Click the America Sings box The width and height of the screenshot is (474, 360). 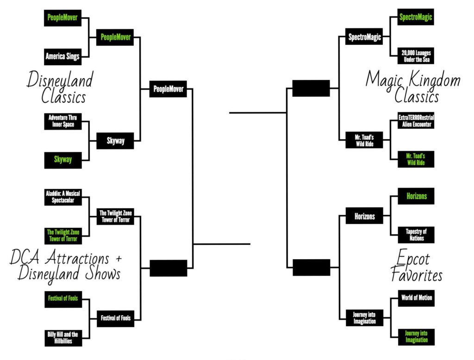[x=62, y=56]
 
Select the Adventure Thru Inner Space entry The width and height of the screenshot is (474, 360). [x=62, y=122]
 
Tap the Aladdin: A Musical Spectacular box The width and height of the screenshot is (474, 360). [x=62, y=198]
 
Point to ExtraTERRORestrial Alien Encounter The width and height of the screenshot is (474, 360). [x=416, y=121]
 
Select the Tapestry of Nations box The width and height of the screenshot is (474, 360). [x=416, y=235]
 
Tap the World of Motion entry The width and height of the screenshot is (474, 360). [x=416, y=298]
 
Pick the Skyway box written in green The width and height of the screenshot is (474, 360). [x=62, y=160]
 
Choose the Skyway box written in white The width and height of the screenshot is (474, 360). [x=115, y=141]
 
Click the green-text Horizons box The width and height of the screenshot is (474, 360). [x=416, y=196]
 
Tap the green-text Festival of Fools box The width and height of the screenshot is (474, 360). [x=62, y=298]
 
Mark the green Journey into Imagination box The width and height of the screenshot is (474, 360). [x=416, y=336]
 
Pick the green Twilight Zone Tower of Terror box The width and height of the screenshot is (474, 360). [x=62, y=236]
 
